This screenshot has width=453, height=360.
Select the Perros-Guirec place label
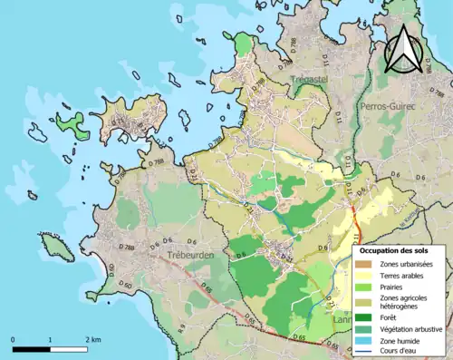click(388, 106)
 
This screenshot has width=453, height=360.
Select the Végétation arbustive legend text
click(412, 329)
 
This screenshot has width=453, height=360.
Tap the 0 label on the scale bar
click(13, 339)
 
